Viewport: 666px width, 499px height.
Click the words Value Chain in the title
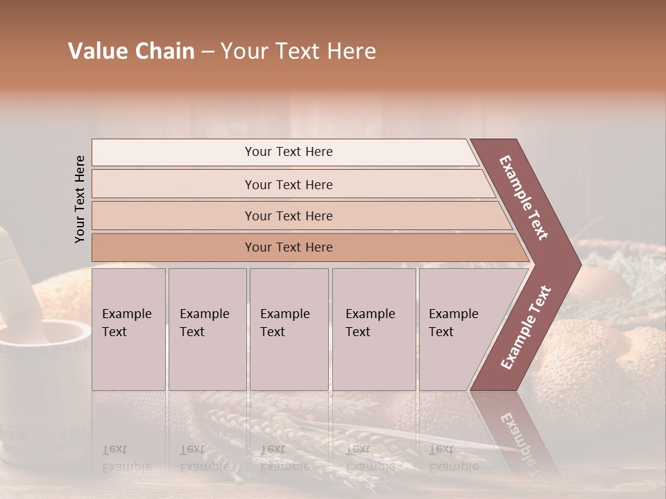pyautogui.click(x=131, y=51)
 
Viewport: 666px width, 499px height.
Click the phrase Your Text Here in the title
pyautogui.click(x=298, y=51)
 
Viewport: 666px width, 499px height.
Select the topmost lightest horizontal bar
pyautogui.click(x=288, y=152)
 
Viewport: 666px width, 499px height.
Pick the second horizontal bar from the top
pyautogui.click(x=288, y=184)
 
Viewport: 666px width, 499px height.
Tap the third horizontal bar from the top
pyautogui.click(x=288, y=216)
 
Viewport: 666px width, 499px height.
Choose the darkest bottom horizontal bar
pyautogui.click(x=288, y=247)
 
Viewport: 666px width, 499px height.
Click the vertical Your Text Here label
pyautogui.click(x=80, y=199)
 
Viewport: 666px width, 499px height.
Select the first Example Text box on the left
pyautogui.click(x=128, y=329)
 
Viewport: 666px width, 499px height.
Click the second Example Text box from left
pyautogui.click(x=207, y=329)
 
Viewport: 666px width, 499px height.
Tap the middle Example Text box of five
pyautogui.click(x=289, y=329)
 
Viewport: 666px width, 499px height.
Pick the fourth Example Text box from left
pyautogui.click(x=373, y=329)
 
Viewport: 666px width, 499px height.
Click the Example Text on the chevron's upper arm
pyautogui.click(x=524, y=198)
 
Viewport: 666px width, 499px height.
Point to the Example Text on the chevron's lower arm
pyautogui.click(x=526, y=328)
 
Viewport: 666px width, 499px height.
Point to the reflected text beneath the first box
pyautogui.click(x=127, y=457)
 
